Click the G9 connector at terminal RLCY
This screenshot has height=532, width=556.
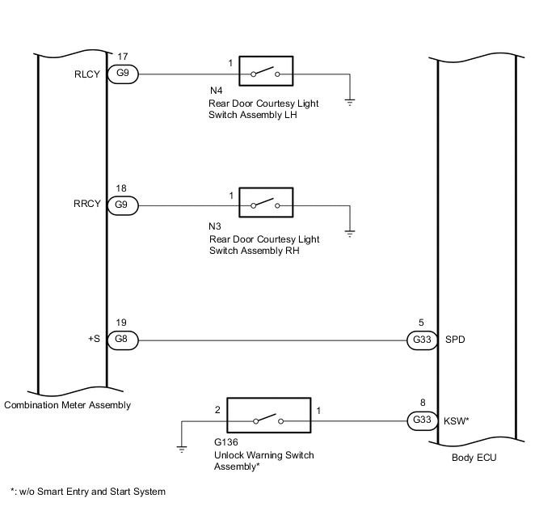click(x=123, y=74)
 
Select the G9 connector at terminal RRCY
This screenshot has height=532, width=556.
click(x=123, y=205)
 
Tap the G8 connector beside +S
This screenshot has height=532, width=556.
click(x=123, y=340)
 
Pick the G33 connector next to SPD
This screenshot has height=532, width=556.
click(x=422, y=340)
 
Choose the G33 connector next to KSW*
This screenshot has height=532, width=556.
click(x=422, y=420)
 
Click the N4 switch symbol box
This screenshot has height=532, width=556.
click(x=266, y=71)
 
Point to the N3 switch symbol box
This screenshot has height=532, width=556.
click(x=266, y=202)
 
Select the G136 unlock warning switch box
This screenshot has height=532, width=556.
click(x=269, y=415)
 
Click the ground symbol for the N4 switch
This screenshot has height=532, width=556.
click(x=350, y=103)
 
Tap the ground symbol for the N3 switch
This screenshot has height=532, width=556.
click(x=350, y=234)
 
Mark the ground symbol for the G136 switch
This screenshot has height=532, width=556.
click(x=182, y=450)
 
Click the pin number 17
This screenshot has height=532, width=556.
click(x=123, y=57)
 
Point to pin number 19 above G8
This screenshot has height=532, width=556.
click(x=121, y=323)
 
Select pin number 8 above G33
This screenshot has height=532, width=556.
click(x=423, y=403)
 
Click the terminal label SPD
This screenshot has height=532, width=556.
click(x=455, y=340)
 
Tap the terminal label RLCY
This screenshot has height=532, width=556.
click(x=87, y=74)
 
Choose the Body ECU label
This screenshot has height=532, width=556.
click(x=474, y=458)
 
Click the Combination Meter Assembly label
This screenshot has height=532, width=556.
click(x=67, y=405)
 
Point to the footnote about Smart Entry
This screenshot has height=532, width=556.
click(x=88, y=492)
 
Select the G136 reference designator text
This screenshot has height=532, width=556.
click(x=226, y=442)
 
